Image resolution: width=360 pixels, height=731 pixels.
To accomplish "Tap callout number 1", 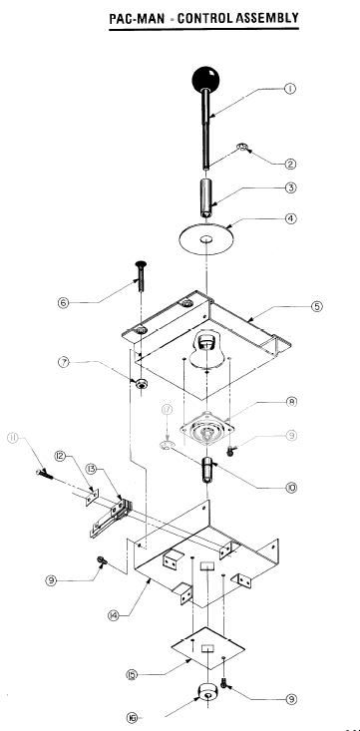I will coord(289,89).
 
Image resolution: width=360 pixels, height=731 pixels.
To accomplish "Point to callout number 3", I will coord(289,187).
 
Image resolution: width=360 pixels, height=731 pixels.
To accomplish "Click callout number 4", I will coord(289,218).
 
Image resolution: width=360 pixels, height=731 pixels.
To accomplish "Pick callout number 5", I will coord(316,306).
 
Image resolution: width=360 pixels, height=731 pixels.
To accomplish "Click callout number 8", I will coord(292,403).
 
